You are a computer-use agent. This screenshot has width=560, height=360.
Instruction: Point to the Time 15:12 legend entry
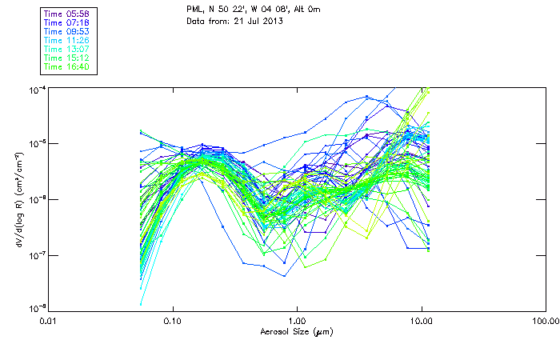[x=66, y=58]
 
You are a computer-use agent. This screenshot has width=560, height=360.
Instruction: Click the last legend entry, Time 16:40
[x=66, y=67]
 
